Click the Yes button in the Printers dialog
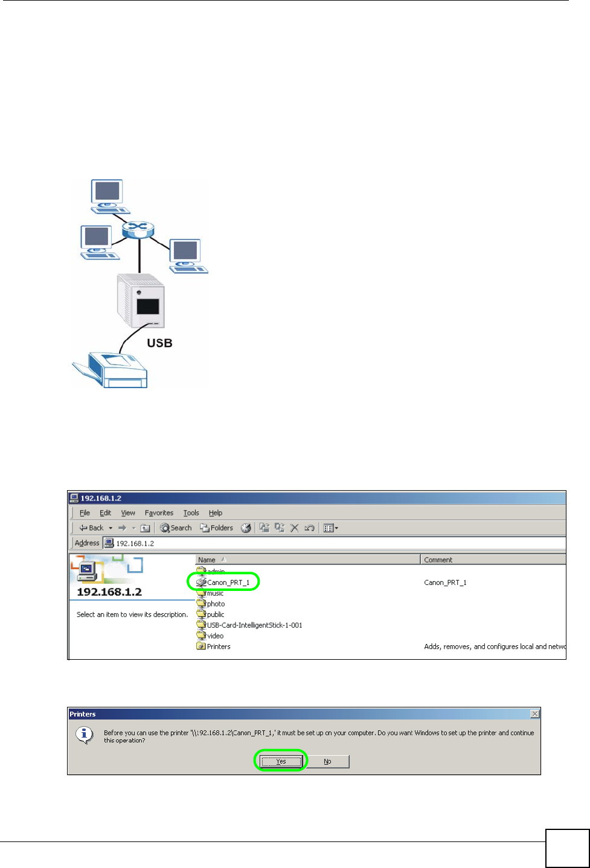tap(281, 761)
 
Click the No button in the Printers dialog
tap(327, 761)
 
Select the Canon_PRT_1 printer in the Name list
tap(228, 582)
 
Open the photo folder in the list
tap(216, 604)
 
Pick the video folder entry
tap(215, 636)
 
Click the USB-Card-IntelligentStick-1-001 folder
tap(254, 625)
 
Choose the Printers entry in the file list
tap(218, 646)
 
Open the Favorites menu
tap(159, 513)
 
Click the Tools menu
tap(191, 513)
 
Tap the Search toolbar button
tap(176, 528)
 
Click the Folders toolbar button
tap(217, 528)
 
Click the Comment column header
tap(438, 560)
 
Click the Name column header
tap(207, 560)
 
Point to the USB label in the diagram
tap(159, 343)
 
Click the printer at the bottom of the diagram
tap(112, 369)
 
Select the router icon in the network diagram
tap(138, 229)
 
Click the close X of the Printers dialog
tap(534, 714)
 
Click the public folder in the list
tap(215, 614)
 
